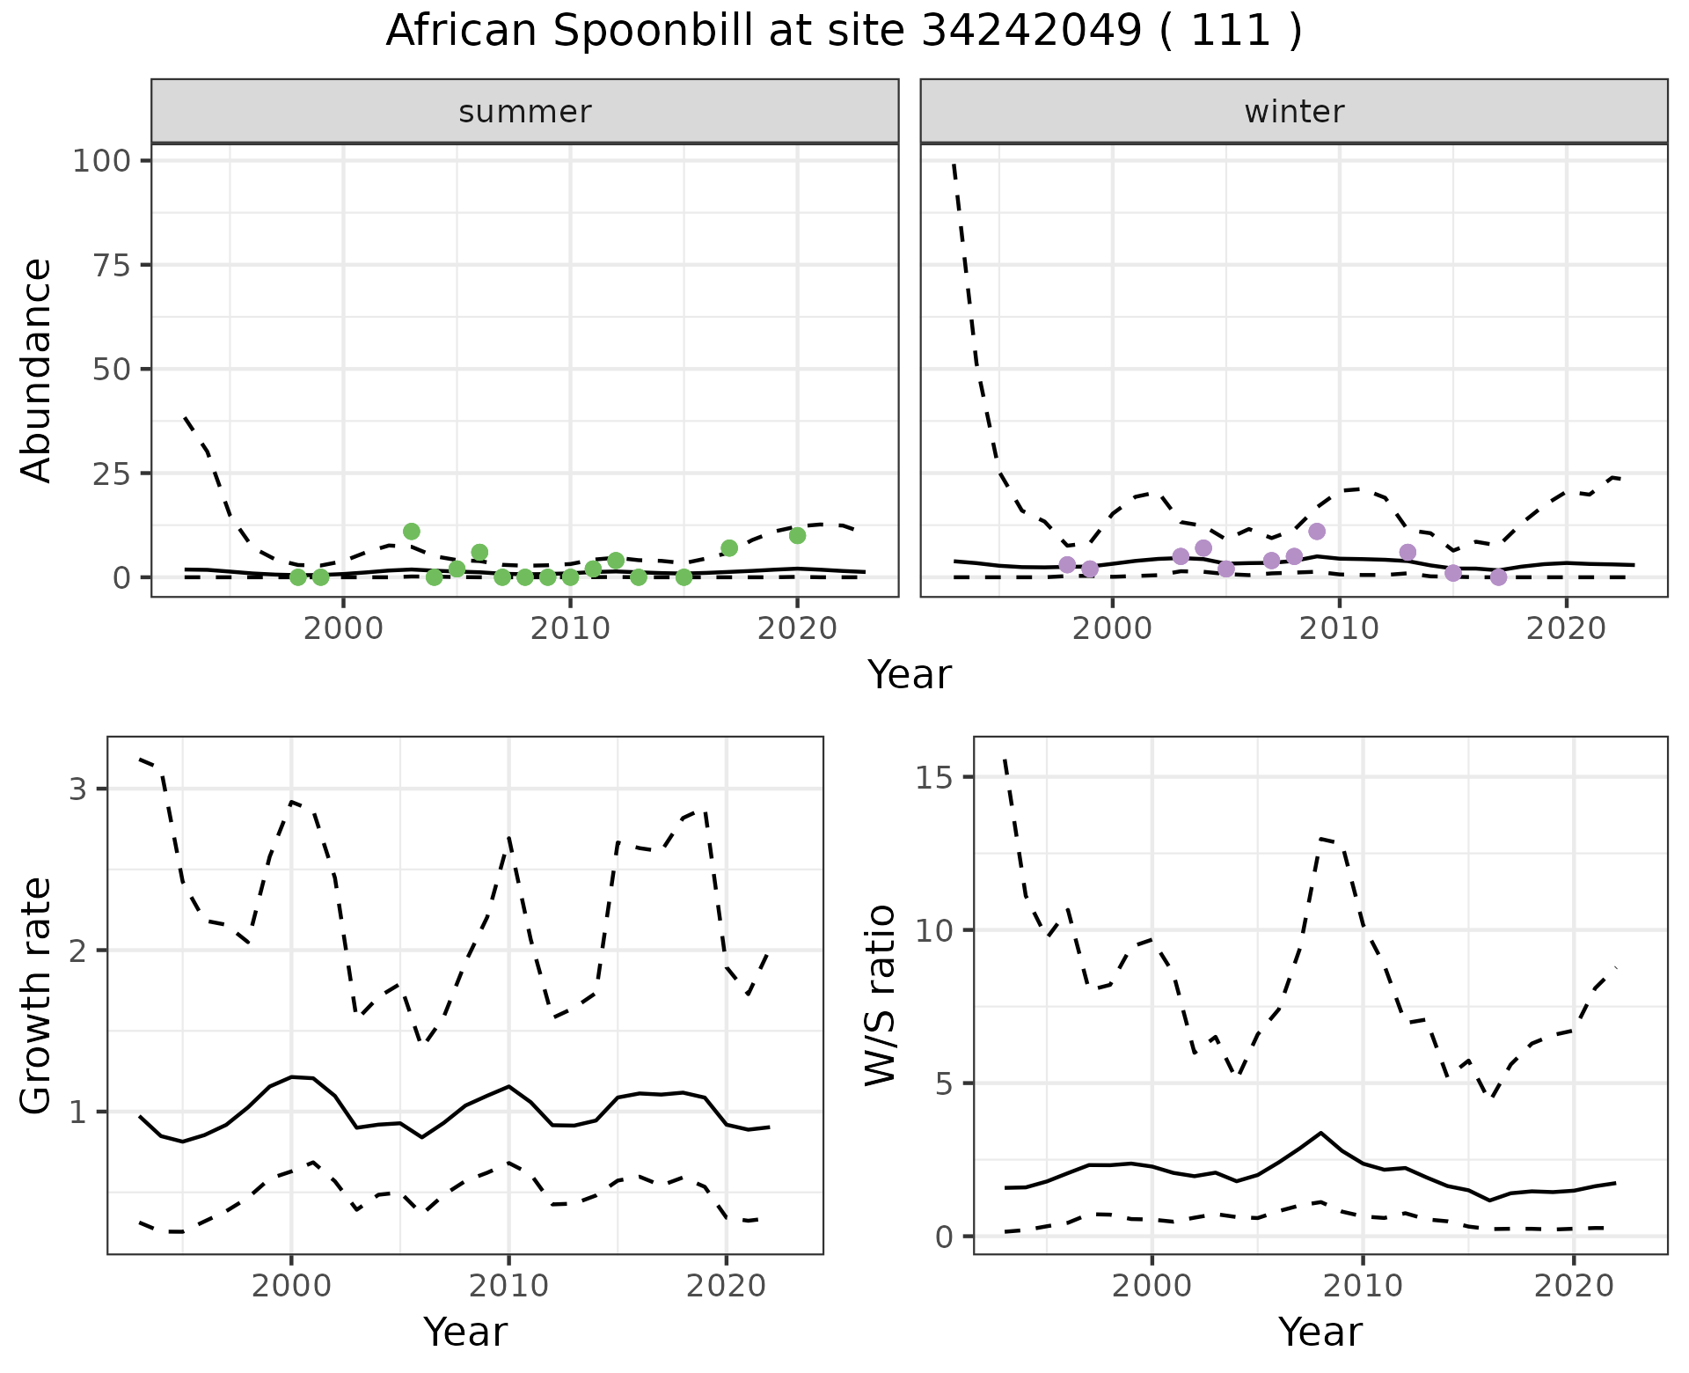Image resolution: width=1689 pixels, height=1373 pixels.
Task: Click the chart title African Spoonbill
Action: click(843, 32)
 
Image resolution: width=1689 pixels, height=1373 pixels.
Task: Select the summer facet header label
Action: click(525, 112)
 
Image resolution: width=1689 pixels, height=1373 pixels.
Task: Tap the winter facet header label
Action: click(1294, 112)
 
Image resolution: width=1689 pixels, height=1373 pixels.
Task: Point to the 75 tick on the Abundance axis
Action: click(113, 265)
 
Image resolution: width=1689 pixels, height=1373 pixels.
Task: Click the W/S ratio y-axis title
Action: click(881, 995)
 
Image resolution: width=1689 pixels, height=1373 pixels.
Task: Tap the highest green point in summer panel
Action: click(412, 532)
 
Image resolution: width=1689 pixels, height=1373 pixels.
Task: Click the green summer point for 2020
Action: click(798, 535)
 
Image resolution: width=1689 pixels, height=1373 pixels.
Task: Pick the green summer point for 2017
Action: click(729, 548)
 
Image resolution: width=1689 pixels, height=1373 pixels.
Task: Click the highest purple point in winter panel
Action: click(1317, 532)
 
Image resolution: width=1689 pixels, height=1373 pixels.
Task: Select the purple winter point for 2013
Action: click(1407, 552)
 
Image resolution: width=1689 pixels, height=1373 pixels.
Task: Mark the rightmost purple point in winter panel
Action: click(1499, 577)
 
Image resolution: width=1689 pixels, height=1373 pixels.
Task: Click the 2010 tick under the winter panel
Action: click(1339, 628)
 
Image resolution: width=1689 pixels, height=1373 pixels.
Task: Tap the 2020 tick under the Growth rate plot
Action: click(726, 1286)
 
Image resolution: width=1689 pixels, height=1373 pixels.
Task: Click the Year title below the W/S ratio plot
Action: click(1320, 1332)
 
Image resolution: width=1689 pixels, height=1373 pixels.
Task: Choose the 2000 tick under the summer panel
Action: click(343, 628)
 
